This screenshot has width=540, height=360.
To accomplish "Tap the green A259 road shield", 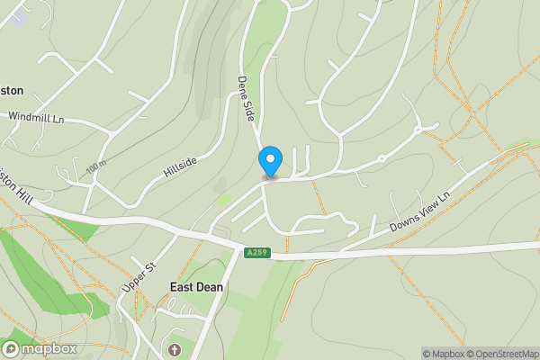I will point(256,253).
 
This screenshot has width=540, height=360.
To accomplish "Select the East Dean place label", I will point(196,287).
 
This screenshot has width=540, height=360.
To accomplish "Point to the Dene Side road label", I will point(246,98).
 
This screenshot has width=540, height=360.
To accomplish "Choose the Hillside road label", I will point(181,165).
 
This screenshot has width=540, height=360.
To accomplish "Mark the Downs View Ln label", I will point(419,214).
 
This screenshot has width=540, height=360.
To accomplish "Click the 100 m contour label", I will point(97,167).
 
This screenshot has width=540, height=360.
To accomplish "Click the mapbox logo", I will point(39,348).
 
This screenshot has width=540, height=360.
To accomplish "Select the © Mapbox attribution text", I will point(442,354).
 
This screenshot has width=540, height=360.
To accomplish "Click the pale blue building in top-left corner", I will point(18,16).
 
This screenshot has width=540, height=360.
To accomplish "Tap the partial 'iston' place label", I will point(12,90).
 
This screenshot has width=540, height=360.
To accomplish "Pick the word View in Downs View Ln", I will point(418,215).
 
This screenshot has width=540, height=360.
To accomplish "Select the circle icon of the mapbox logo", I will point(11,348).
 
